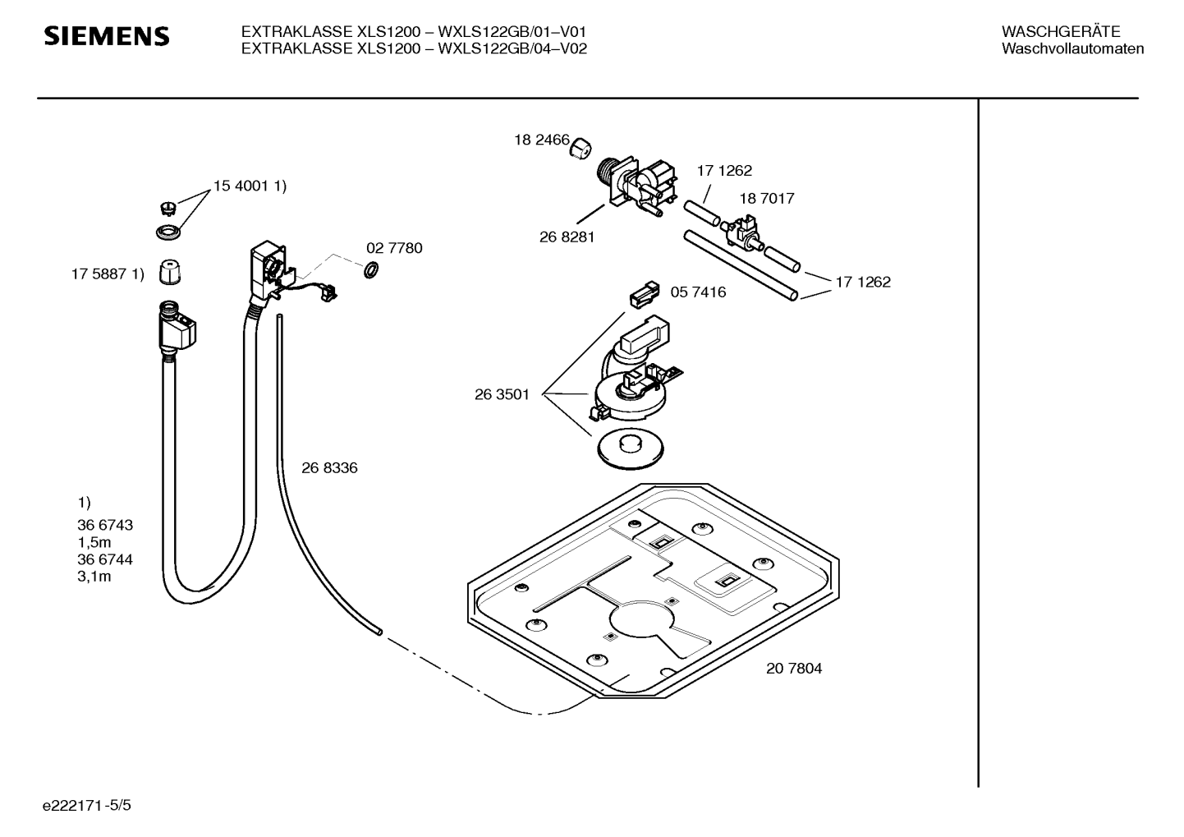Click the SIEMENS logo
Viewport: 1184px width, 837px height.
point(106,36)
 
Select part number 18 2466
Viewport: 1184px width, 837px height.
point(542,140)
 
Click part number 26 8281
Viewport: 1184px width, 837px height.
point(567,237)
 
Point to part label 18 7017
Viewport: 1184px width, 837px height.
point(766,198)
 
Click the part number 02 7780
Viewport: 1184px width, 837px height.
point(394,248)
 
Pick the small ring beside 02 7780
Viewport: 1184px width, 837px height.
point(371,269)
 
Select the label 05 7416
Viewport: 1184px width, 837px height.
point(698,292)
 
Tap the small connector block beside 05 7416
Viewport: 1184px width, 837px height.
point(645,294)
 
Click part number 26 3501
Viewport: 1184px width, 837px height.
point(502,394)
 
